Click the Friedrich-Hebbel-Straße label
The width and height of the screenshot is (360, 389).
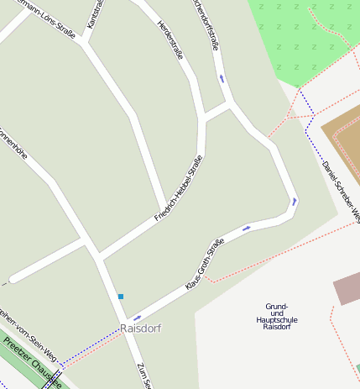coord(179,188)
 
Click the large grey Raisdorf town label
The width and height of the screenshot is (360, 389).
coord(140,328)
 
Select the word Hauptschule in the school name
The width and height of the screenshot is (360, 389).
coord(277,319)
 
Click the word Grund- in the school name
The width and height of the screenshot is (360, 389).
coord(277,306)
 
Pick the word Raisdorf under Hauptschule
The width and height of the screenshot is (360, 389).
coord(277,327)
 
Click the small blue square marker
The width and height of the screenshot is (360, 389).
coord(121,296)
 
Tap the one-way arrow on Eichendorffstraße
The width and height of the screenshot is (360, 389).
coord(222,78)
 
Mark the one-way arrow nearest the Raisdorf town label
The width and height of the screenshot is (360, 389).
coord(138,317)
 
